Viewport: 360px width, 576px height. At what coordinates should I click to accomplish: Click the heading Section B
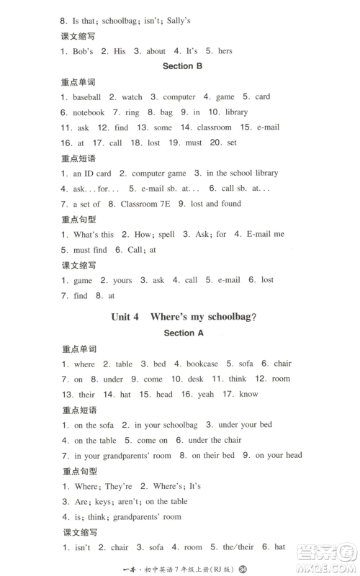click(178, 66)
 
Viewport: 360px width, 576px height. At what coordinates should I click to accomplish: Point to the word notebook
click(89, 112)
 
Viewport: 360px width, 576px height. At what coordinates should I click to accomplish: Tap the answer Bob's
click(84, 51)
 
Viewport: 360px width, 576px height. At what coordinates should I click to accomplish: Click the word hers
click(225, 51)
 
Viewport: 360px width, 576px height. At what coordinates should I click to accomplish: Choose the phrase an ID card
click(92, 173)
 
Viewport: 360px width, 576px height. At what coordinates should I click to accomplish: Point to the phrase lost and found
click(217, 204)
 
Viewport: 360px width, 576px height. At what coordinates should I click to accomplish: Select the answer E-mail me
click(265, 234)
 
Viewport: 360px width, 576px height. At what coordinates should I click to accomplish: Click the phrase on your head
click(279, 455)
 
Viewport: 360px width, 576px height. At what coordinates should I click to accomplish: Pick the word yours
click(122, 280)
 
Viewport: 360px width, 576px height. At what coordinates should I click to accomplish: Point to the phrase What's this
click(94, 234)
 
